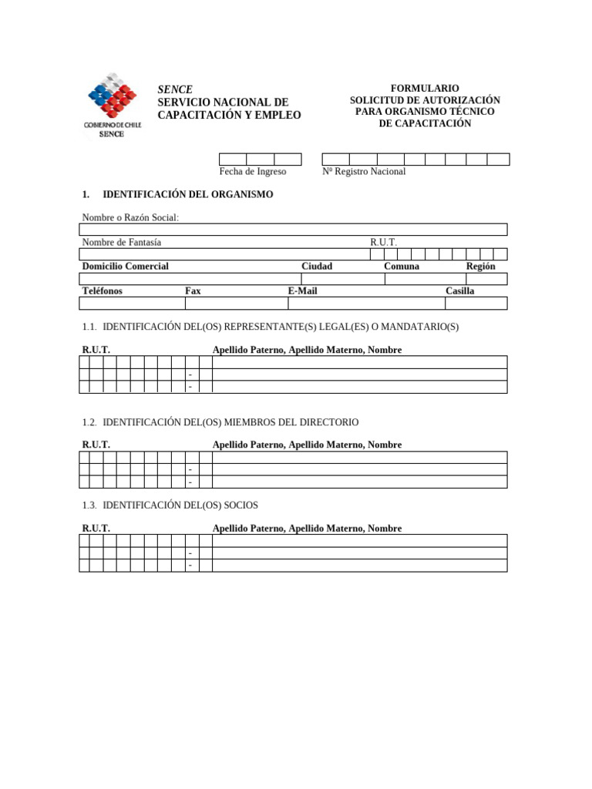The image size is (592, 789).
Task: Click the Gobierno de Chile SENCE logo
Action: (x=113, y=106)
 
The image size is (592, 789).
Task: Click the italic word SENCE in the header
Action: (x=175, y=89)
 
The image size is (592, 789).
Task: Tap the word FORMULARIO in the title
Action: (x=425, y=89)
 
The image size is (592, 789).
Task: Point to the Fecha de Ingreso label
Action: (x=252, y=172)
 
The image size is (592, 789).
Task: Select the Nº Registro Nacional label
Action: (x=364, y=172)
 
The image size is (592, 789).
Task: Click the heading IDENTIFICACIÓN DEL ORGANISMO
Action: (x=187, y=194)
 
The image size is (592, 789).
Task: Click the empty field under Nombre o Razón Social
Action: (x=293, y=229)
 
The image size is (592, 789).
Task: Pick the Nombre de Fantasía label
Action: (x=122, y=242)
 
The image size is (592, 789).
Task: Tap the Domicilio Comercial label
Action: (x=125, y=266)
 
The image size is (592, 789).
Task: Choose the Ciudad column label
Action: (x=316, y=266)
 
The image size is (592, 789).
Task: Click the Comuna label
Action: (x=402, y=266)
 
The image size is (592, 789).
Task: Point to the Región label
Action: (x=480, y=266)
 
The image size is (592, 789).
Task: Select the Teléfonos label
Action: (x=102, y=290)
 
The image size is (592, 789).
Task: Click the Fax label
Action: (x=193, y=290)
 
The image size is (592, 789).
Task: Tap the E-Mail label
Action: (x=302, y=290)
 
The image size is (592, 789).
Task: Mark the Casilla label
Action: (x=459, y=290)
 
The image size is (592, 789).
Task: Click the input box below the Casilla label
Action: (x=476, y=303)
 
